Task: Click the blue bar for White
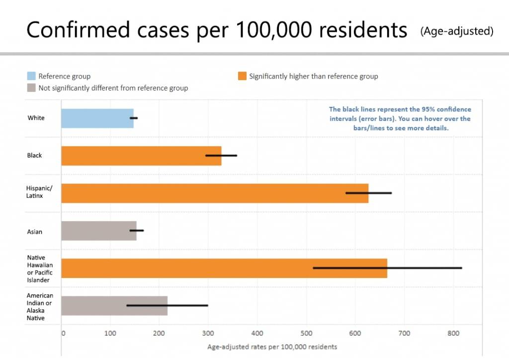pyautogui.click(x=97, y=118)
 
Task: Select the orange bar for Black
pyautogui.click(x=141, y=156)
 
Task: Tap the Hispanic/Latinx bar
pyautogui.click(x=215, y=193)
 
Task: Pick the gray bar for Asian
pyautogui.click(x=98, y=231)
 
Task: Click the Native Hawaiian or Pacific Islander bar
pyautogui.click(x=224, y=268)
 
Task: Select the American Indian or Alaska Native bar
pyautogui.click(x=114, y=305)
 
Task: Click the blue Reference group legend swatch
pyautogui.click(x=31, y=76)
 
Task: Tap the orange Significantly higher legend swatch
pyautogui.click(x=242, y=76)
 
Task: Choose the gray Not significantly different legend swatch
pyautogui.click(x=31, y=88)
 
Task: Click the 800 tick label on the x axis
pyautogui.click(x=453, y=333)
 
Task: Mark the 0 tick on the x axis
pyautogui.click(x=64, y=333)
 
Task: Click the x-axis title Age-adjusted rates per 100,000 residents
pyautogui.click(x=272, y=347)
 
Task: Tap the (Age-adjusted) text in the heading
pyautogui.click(x=457, y=31)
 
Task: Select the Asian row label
pyautogui.click(x=35, y=232)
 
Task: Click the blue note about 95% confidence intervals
pyautogui.click(x=400, y=118)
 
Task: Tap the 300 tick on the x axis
pyautogui.click(x=208, y=333)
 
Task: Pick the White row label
pyautogui.click(x=36, y=118)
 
